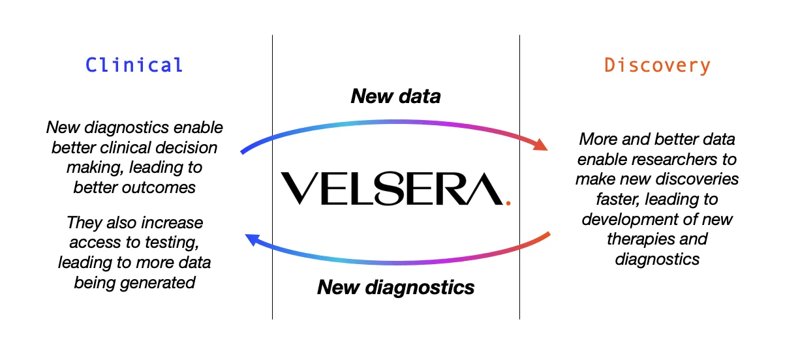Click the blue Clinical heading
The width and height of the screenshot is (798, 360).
pos(134,65)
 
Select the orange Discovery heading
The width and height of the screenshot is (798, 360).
pos(657,65)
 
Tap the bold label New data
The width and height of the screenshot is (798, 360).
pos(395,97)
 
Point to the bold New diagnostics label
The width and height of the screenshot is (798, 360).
pos(395,287)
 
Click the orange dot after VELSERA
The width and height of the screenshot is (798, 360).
pos(508,202)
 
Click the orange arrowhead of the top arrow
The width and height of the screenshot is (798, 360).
pos(540,144)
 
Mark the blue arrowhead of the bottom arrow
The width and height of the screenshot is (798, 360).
pos(253,241)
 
